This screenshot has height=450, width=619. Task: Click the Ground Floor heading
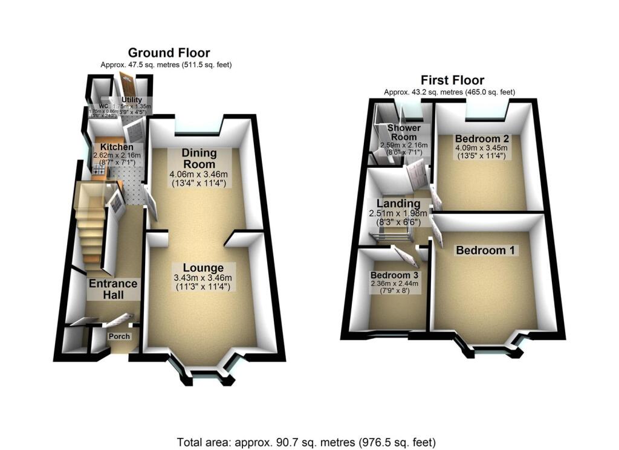169,53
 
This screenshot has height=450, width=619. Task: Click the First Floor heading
453,80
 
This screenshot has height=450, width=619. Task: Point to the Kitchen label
117,148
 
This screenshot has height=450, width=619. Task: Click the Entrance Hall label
113,289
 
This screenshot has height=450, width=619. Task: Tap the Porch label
119,336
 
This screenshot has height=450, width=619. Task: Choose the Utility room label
131,100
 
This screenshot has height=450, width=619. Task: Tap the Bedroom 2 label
475,137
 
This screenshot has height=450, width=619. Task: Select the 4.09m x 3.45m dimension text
475,147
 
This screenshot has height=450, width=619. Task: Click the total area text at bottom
306,442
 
